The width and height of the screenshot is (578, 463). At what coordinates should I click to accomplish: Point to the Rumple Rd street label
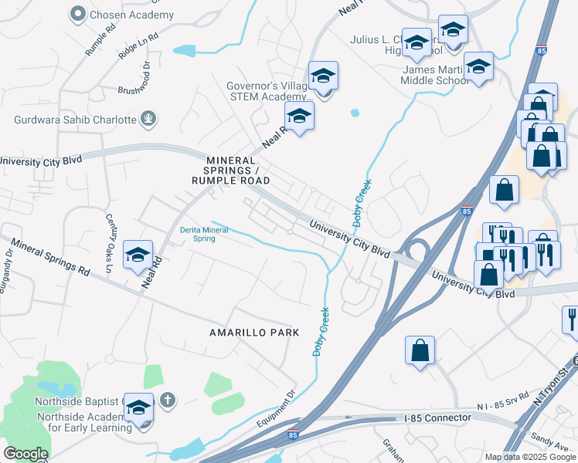[x=101, y=39]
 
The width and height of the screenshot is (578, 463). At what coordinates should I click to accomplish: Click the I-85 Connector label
[x=437, y=417]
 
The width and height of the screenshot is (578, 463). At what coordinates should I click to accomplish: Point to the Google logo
[x=25, y=454]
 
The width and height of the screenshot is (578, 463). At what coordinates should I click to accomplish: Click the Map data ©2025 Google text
[x=530, y=457]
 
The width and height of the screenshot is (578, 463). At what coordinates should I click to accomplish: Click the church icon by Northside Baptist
[x=168, y=400]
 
